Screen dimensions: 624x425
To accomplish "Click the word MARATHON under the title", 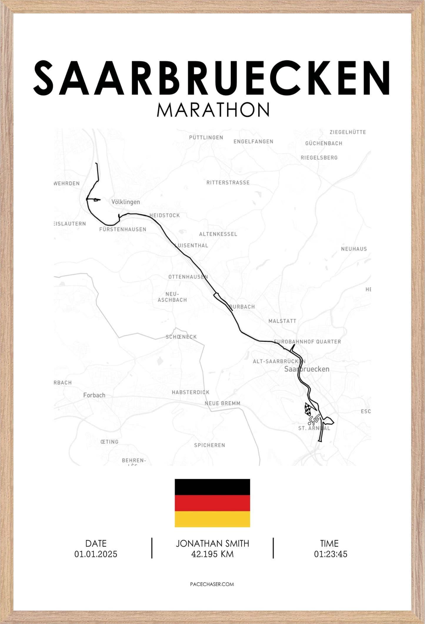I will pos(213,110).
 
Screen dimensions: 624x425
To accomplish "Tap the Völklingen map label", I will pos(126,202).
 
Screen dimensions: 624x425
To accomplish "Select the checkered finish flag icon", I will pos(308,409).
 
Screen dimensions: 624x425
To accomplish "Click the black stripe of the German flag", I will pos(212,487).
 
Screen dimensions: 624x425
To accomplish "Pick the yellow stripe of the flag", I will pos(212,519).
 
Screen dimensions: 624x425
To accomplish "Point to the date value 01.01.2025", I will pos(96,554).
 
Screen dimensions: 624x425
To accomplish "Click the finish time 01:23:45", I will pos(331,554).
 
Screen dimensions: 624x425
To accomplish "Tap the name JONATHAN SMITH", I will pos(212,543).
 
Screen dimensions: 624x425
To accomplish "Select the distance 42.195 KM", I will pos(212,554).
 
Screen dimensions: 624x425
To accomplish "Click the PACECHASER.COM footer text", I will pos(212,584).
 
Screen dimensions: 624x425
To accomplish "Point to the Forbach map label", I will pos(94,395).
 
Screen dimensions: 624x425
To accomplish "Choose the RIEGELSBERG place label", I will pos(319,158).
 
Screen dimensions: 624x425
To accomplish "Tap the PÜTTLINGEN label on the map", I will pos(206,137).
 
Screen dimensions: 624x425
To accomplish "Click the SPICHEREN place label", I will pos(209,445).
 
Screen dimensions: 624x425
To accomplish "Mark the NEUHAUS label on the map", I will pos(354,249).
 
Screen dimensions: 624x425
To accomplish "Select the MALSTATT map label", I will pos(282,321).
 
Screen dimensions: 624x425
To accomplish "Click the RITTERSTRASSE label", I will pos(228,183).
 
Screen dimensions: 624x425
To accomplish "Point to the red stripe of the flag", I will pos(212,503).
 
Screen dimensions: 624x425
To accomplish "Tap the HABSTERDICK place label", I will pos(191,392).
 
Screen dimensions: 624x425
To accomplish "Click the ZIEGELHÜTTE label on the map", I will pos(348,132).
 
